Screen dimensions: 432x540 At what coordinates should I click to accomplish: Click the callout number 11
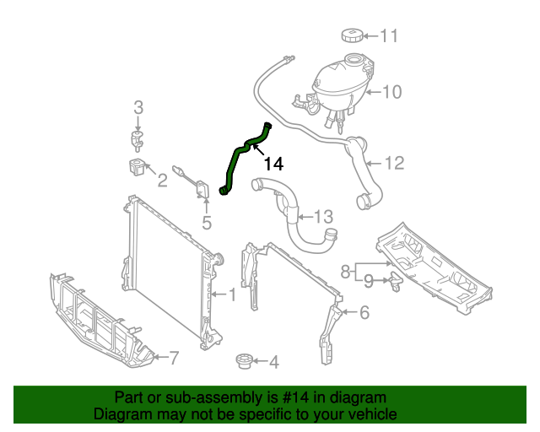coord(388,35)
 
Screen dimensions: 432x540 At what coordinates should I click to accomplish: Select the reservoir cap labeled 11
coord(352,35)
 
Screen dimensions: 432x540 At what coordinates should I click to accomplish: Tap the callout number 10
coord(392,91)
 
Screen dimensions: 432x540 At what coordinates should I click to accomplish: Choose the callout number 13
coord(324,217)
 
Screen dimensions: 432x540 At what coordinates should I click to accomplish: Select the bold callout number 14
coord(273,164)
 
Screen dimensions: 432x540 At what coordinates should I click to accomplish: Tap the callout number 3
coord(138,107)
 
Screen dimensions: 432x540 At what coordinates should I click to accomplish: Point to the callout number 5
coord(206,224)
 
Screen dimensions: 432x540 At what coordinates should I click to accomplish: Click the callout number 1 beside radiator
coord(232,294)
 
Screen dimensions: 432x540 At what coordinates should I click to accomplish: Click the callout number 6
coord(364,313)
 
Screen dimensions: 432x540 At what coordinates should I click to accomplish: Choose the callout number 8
coord(345,271)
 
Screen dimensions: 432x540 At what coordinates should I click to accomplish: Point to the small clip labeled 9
coord(395,282)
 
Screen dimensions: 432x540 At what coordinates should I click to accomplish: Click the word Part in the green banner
coord(128,397)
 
